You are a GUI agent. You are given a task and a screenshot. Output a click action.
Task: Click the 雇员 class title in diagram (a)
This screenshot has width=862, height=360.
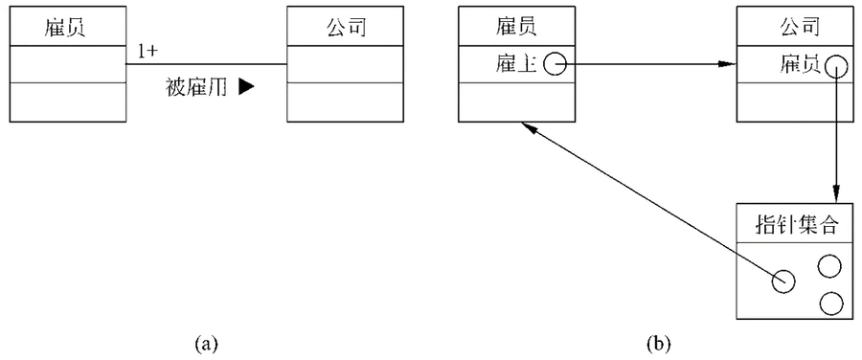coord(67,26)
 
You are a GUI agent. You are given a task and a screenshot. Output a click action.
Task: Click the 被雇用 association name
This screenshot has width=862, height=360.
coord(198,86)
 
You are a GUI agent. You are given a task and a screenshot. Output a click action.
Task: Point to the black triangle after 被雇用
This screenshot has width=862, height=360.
coord(246,86)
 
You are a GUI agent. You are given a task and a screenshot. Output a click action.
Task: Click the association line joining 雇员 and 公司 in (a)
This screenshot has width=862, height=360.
coord(206,64)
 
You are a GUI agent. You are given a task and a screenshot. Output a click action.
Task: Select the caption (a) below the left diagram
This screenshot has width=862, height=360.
coord(206,341)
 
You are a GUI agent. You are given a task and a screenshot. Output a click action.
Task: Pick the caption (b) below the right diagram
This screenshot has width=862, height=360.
coord(658,341)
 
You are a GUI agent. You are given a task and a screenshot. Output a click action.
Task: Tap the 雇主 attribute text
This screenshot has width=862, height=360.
coord(516,64)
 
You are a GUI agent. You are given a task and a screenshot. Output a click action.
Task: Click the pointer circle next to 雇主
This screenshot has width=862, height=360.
coord(555,64)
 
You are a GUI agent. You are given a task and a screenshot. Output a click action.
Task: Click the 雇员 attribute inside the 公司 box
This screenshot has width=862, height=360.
coord(798,64)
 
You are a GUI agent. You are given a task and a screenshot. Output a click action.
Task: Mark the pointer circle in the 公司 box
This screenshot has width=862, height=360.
coord(836,65)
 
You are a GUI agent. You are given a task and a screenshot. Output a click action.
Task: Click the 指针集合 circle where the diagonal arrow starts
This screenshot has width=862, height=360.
coord(784,281)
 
